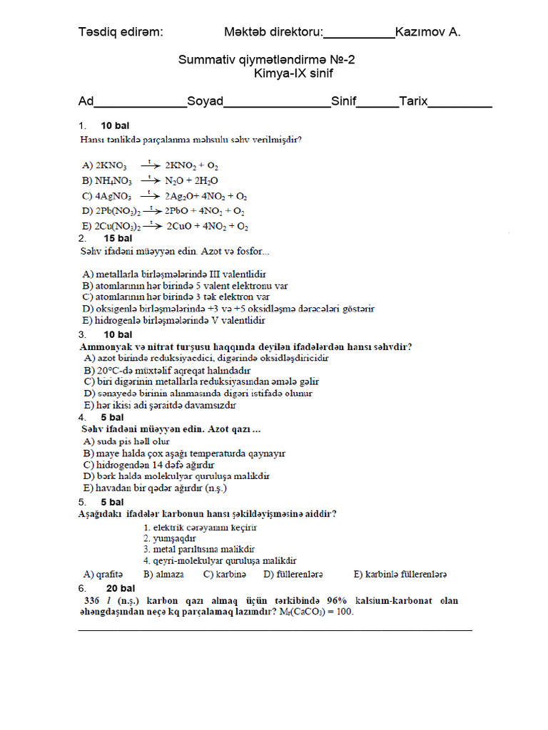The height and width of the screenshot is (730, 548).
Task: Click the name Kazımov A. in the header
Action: pos(428,32)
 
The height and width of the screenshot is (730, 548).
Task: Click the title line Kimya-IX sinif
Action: pos(293,73)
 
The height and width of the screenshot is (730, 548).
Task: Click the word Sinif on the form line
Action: pos(343,101)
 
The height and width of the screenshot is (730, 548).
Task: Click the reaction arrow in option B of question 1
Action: pos(151,180)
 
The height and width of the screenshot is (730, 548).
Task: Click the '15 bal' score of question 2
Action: pos(118,238)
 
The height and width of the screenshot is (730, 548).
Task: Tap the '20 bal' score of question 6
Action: pos(121,588)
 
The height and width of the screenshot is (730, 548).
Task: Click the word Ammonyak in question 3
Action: pos(103,347)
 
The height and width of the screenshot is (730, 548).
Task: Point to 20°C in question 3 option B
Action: pos(109,371)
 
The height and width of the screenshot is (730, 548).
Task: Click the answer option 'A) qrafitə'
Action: pos(103,574)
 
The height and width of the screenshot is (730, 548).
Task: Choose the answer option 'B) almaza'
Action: pos(163,574)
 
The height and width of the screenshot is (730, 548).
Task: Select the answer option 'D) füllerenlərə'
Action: pos(293,574)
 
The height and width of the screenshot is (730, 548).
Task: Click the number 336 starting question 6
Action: pos(93,600)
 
